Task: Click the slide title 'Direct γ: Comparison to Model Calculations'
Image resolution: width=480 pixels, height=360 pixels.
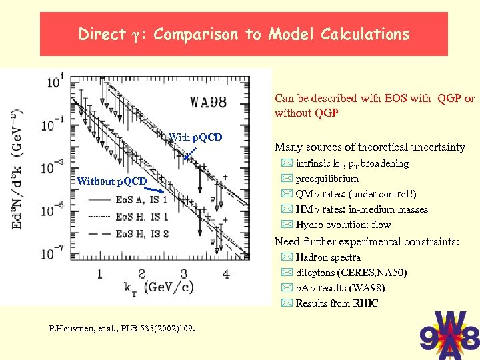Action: point(243,34)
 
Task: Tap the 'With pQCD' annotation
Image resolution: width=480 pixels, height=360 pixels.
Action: point(195,138)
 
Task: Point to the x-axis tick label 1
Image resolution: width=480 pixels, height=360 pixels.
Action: point(99,273)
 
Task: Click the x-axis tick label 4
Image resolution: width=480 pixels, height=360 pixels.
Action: point(226,273)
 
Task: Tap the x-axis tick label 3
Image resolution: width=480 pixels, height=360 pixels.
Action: point(184,273)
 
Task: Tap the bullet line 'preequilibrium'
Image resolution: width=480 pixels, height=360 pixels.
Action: point(327,179)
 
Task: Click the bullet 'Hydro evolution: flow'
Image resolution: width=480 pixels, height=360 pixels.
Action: point(343,225)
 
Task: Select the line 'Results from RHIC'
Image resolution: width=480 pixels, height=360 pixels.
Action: point(337,303)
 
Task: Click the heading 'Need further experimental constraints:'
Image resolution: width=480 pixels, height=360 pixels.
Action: point(367,241)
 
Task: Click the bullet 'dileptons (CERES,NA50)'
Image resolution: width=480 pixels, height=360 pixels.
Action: point(351,273)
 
